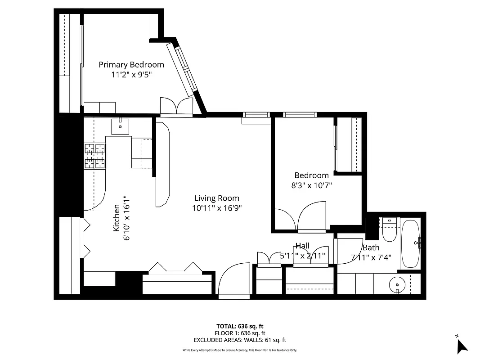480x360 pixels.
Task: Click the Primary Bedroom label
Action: pyautogui.click(x=131, y=65)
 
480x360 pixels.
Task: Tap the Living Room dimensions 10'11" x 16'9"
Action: pyautogui.click(x=217, y=208)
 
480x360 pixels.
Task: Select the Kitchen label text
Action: pyautogui.click(x=117, y=218)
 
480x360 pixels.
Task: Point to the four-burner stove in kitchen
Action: pyautogui.click(x=94, y=156)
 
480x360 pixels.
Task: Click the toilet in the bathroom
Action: pyautogui.click(x=388, y=229)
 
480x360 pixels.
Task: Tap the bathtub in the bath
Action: pyautogui.click(x=410, y=243)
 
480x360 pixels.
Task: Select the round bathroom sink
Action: pyautogui.click(x=397, y=284)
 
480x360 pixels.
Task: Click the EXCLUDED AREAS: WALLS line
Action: pyautogui.click(x=240, y=340)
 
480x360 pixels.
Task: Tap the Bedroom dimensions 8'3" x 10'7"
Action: pyautogui.click(x=312, y=185)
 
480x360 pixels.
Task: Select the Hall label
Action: pyautogui.click(x=302, y=246)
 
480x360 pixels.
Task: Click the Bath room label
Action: pyautogui.click(x=371, y=247)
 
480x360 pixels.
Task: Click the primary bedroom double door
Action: pyautogui.click(x=177, y=107)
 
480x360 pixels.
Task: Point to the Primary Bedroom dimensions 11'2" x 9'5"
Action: pyautogui.click(x=131, y=75)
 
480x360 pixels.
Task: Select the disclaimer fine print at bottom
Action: pyautogui.click(x=240, y=350)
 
